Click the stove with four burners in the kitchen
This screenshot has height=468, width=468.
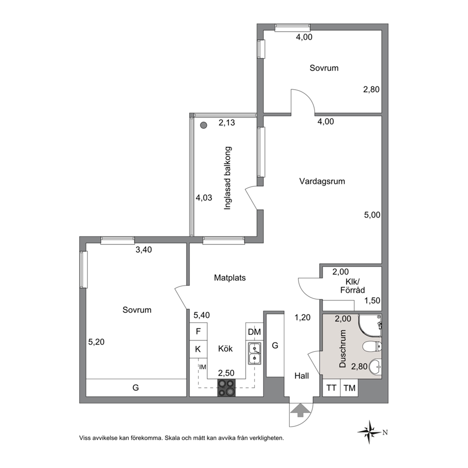coord(226,387)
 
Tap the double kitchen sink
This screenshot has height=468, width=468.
coord(255,353)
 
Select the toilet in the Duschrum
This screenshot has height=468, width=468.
coord(372,347)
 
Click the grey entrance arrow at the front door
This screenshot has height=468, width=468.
coord(301,410)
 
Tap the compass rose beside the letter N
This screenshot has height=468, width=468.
coord(370,432)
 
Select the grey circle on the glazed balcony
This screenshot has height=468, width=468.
coord(203,125)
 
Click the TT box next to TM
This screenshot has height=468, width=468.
coord(331,388)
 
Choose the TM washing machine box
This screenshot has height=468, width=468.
coord(349,388)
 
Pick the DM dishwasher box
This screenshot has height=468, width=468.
coord(254,332)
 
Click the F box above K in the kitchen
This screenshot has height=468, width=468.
coord(198,331)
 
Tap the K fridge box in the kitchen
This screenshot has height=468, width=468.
coord(198,349)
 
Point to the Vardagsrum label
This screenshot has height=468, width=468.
coord(322,182)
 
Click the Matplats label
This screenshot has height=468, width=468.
coord(230,278)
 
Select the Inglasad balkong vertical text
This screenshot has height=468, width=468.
coord(228,178)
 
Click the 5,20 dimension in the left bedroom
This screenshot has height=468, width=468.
coord(96,342)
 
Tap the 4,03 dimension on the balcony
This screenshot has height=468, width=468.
coord(204,198)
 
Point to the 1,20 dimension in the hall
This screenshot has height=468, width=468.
coord(303,318)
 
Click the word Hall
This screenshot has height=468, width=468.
coord(301,376)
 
